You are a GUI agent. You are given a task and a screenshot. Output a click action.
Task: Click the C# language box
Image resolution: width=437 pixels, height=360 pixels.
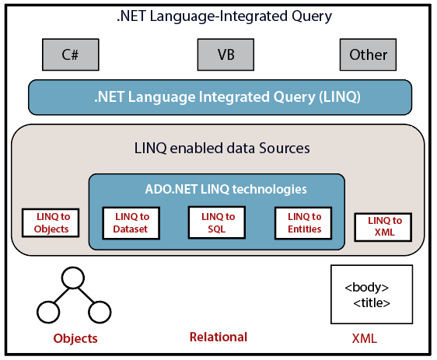(71, 54)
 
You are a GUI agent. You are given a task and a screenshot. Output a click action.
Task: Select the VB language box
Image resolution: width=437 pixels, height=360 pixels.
(225, 54)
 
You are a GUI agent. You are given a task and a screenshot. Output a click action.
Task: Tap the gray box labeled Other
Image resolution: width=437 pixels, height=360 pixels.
(368, 54)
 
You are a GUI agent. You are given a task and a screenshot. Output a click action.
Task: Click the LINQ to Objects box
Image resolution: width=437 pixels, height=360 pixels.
(51, 223)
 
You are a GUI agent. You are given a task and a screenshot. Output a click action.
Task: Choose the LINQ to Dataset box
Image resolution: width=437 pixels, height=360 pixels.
(131, 223)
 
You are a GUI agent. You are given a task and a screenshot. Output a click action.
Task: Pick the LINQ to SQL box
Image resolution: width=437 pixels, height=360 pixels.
(217, 222)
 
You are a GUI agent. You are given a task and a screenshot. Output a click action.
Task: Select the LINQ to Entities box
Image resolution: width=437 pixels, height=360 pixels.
(303, 223)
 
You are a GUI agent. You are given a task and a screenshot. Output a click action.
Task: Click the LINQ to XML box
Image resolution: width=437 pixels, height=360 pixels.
(383, 227)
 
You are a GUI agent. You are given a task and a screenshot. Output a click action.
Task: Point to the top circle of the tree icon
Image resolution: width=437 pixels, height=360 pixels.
(73, 278)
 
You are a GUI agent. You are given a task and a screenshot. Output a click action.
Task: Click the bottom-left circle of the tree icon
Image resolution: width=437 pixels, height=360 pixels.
(48, 312)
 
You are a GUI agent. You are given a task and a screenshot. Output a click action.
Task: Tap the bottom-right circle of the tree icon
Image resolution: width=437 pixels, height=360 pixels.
(100, 312)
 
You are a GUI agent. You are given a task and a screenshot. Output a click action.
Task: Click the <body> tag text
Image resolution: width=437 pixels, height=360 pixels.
(366, 287)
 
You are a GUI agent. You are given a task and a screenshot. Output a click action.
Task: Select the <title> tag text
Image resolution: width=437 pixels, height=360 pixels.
(372, 302)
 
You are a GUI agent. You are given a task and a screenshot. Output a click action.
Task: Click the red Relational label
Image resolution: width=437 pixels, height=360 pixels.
(218, 337)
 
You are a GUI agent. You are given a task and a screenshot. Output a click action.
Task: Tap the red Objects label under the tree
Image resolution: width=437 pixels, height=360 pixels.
(75, 338)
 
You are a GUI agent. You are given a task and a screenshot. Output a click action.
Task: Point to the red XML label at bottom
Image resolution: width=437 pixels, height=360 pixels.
(365, 338)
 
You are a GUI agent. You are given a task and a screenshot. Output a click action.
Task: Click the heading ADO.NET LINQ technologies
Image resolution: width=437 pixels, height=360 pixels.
(225, 189)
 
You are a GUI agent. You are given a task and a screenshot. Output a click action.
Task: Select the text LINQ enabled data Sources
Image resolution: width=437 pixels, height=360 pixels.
(222, 148)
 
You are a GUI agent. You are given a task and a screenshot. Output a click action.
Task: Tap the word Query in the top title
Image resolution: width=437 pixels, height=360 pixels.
(312, 16)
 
